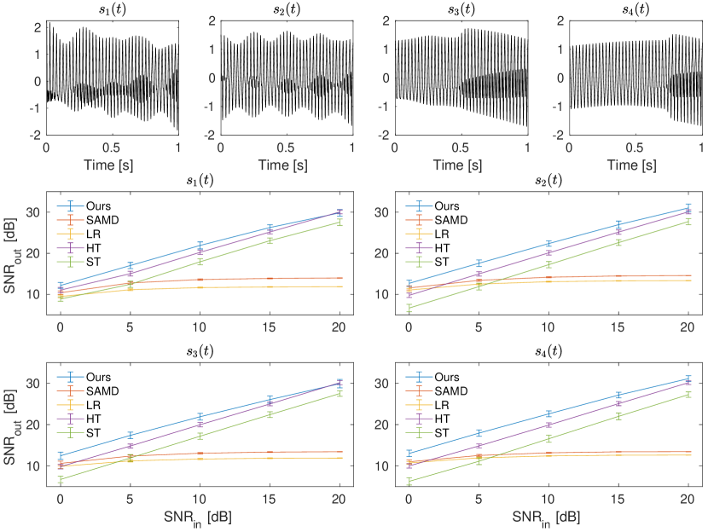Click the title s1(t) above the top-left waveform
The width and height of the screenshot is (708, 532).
click(112, 9)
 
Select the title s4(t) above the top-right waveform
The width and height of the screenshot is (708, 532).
click(634, 9)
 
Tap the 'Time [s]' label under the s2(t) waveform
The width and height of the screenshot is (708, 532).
click(286, 162)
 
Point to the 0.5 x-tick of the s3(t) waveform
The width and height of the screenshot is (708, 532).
click(461, 147)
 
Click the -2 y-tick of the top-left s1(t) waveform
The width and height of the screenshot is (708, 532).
click(38, 135)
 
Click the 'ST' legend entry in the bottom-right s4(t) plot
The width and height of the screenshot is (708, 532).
click(442, 433)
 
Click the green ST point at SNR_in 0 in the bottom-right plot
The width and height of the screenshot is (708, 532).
click(409, 481)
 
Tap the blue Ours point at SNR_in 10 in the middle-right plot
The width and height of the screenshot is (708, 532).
click(548, 244)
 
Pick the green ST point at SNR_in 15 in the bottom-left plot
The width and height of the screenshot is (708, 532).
click(270, 414)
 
